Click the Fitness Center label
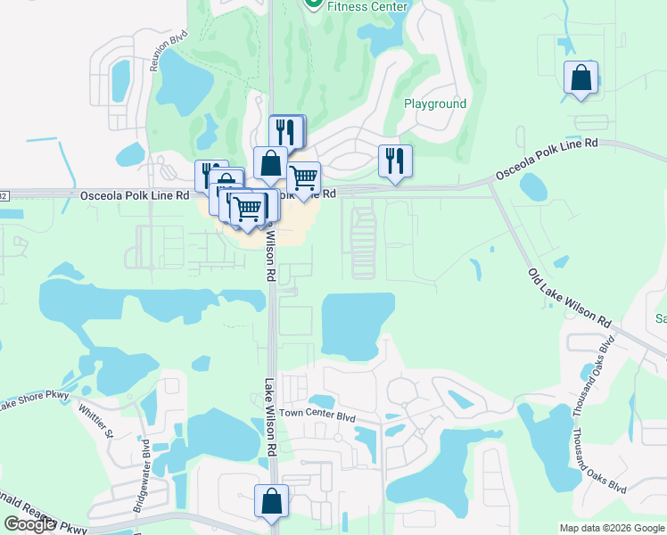367,6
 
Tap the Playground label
435,103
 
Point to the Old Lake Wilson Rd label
569,299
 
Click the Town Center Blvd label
317,415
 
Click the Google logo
29,524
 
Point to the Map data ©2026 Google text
612,528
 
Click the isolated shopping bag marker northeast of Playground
581,78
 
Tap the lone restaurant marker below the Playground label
395,160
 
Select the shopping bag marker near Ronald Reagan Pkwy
271,501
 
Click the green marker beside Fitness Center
313,4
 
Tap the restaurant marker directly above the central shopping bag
285,131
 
